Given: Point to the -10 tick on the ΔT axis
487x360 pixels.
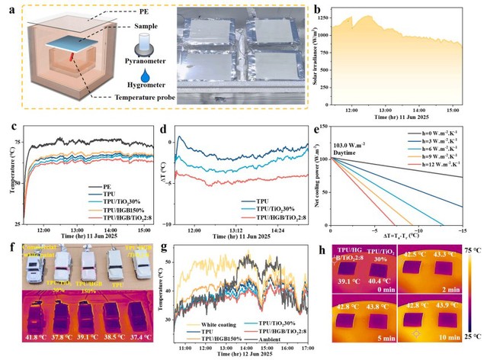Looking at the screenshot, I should (x=170, y=225).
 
